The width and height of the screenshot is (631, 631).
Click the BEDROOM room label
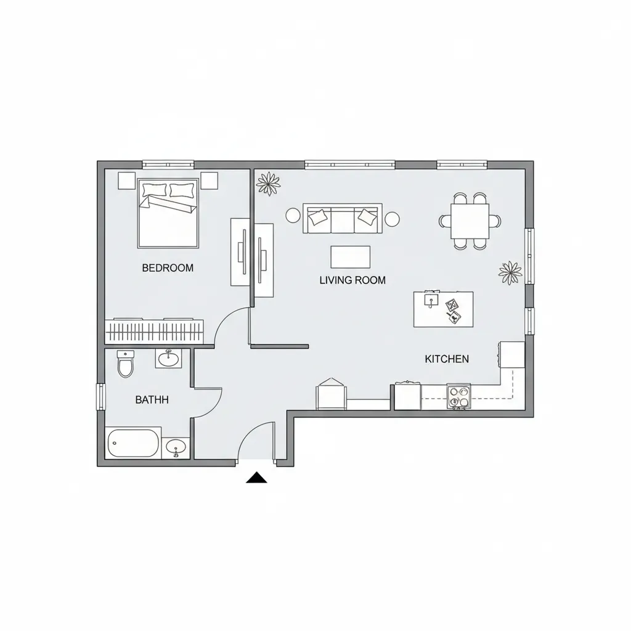point(168,268)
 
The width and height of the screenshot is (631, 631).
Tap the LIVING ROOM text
point(352,280)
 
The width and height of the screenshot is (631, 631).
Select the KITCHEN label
point(447,359)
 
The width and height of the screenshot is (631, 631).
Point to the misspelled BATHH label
point(152,400)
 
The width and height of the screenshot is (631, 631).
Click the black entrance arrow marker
point(256,478)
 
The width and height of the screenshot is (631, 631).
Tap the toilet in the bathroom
point(125,365)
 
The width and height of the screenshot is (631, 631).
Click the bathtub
point(133,443)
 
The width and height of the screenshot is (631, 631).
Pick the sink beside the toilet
point(168,358)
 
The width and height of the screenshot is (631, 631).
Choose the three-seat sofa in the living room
point(342,218)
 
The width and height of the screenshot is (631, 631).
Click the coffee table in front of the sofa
point(351,257)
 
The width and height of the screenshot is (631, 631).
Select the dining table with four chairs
point(470,221)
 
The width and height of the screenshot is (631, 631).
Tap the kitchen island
point(443,309)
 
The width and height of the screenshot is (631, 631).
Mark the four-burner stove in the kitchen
point(458,396)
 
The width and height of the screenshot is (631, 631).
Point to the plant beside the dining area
point(510,271)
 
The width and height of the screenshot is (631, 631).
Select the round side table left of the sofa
point(293,216)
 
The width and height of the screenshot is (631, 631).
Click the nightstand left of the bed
point(126,180)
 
